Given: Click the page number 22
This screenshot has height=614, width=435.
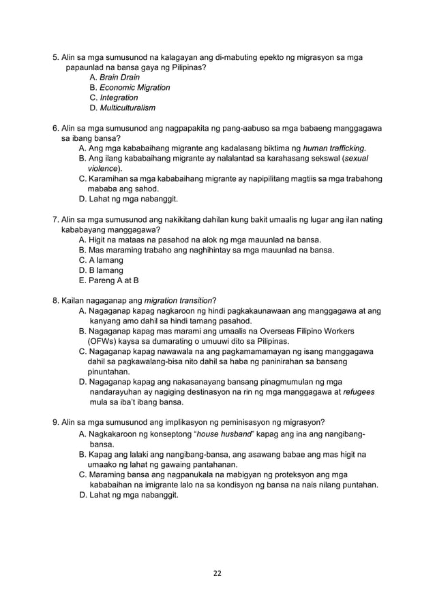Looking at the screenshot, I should [x=217, y=574].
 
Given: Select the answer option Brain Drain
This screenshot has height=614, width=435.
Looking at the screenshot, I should [x=119, y=78].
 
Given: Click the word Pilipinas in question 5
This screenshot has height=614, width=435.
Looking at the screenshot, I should [x=187, y=68].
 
